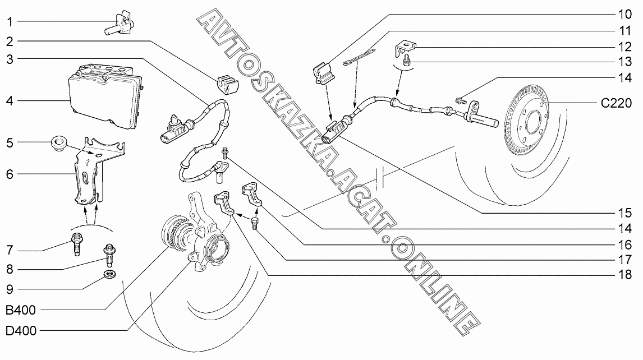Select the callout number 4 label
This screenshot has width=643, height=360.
[x=10, y=101]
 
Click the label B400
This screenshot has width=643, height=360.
[x=21, y=310]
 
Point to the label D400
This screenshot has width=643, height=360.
[x=21, y=331]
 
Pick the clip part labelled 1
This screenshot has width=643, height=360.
[x=118, y=23]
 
